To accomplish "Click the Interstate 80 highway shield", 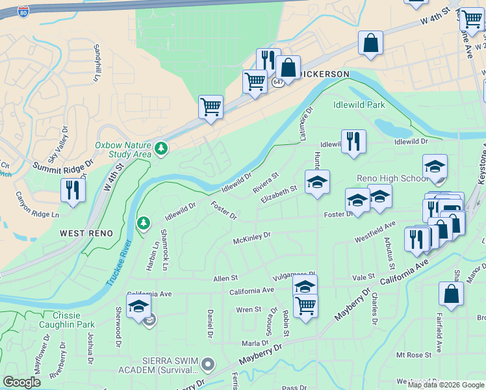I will point(23,12).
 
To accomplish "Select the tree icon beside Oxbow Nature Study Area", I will point(160,149).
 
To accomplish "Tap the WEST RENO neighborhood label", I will point(86,233).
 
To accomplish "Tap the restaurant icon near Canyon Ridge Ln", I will point(72,190).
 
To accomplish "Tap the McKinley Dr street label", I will point(251,239).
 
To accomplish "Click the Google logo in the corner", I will point(21,382).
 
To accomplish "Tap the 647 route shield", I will point(278,83).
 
